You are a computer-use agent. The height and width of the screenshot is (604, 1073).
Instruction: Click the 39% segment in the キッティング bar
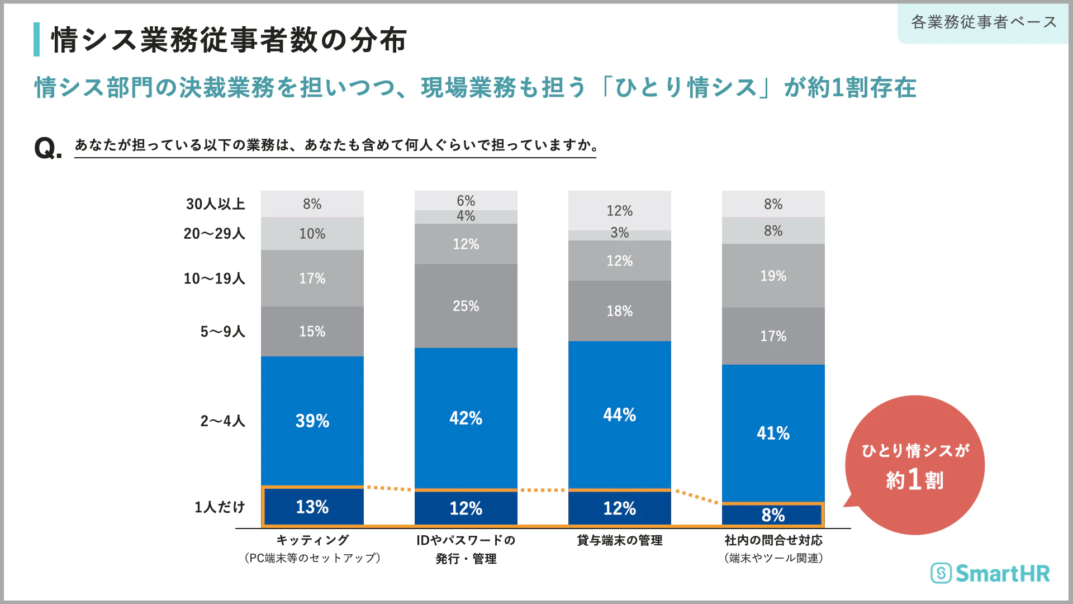[x=312, y=421]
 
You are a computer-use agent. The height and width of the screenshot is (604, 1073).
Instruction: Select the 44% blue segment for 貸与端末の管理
[x=619, y=414]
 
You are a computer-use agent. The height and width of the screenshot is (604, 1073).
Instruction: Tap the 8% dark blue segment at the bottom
[x=773, y=515]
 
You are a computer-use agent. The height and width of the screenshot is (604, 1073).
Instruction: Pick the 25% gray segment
[x=466, y=306]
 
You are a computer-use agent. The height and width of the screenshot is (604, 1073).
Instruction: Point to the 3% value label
[x=619, y=233]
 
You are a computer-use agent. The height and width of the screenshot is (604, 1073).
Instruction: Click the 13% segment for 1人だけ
[x=312, y=507]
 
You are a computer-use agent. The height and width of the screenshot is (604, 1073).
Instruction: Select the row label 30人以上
[x=216, y=204]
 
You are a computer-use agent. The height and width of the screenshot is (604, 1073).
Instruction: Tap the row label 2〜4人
[x=222, y=421]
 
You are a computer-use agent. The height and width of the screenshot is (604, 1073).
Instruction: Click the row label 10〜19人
[x=215, y=279]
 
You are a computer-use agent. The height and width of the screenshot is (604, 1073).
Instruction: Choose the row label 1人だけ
[x=220, y=507]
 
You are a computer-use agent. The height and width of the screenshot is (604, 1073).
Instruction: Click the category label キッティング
[x=312, y=540]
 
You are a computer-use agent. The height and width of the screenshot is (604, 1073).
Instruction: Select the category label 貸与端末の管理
[x=619, y=540]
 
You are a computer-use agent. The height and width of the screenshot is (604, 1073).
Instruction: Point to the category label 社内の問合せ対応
[x=773, y=540]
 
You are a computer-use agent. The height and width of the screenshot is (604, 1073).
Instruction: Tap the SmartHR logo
[x=990, y=573]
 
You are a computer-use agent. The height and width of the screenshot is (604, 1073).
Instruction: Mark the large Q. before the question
[x=48, y=149]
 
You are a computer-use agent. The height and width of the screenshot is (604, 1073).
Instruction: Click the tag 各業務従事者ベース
[x=984, y=22]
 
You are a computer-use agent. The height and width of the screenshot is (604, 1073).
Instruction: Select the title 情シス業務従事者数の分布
[x=229, y=40]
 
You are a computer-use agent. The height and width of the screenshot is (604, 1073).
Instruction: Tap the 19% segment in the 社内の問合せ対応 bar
[x=773, y=276]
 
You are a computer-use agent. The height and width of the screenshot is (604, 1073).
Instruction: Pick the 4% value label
[x=466, y=216]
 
